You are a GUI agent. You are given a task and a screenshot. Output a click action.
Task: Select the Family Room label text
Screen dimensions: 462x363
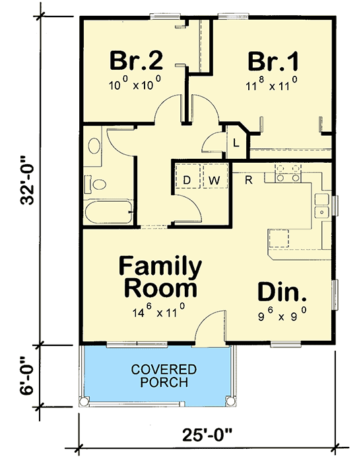coord(160,277)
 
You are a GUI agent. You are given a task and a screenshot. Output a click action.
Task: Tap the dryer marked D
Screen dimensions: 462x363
coord(187,179)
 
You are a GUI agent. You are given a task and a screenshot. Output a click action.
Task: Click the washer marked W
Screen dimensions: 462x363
coord(214,179)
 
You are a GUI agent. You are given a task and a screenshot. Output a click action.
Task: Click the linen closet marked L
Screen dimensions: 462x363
coord(235,140)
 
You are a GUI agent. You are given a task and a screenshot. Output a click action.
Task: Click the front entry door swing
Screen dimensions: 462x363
coord(209,329)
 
